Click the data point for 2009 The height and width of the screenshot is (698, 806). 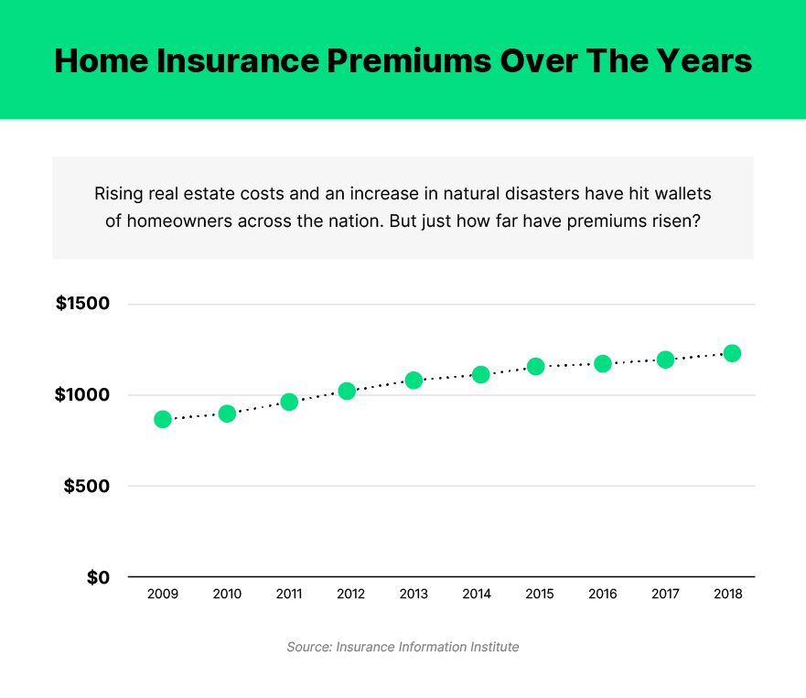pyautogui.click(x=163, y=419)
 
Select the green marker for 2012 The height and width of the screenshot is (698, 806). pyautogui.click(x=347, y=391)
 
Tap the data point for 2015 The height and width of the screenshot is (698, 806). pyautogui.click(x=536, y=366)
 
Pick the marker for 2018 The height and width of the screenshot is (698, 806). pyautogui.click(x=732, y=353)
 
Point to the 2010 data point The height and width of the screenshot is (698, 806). pyautogui.click(x=228, y=413)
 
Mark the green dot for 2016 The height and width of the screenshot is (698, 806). pyautogui.click(x=603, y=363)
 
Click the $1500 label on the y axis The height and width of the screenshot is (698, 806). pyautogui.click(x=82, y=304)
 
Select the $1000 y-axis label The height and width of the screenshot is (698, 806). pyautogui.click(x=82, y=395)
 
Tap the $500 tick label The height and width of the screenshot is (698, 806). pyautogui.click(x=87, y=487)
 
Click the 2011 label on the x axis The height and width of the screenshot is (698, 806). pyautogui.click(x=289, y=594)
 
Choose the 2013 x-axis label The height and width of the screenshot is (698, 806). pyautogui.click(x=414, y=594)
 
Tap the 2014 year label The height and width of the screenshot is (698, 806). pyautogui.click(x=477, y=594)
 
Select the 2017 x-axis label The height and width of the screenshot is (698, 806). pyautogui.click(x=665, y=594)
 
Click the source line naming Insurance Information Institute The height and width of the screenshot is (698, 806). pyautogui.click(x=403, y=647)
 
